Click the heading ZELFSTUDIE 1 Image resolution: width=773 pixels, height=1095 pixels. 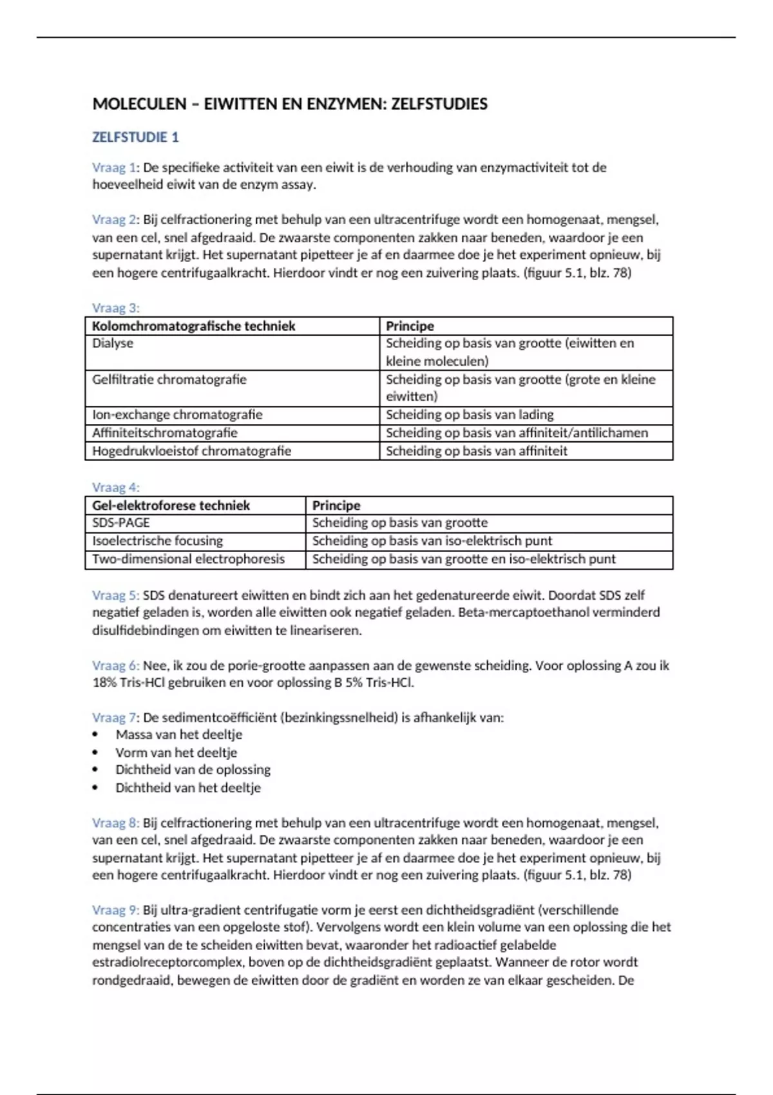tap(135, 137)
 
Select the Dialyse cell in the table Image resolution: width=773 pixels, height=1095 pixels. tap(113, 343)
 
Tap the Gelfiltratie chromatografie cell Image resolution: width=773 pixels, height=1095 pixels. tap(169, 379)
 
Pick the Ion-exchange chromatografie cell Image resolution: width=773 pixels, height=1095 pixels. tap(177, 415)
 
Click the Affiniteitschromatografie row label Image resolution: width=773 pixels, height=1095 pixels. tap(164, 433)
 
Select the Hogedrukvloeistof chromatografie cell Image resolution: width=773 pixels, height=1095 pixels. tap(191, 451)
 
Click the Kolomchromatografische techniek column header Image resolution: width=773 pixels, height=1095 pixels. tap(193, 326)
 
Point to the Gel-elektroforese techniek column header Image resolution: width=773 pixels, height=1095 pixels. tap(171, 506)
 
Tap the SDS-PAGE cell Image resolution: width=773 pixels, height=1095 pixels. tap(121, 522)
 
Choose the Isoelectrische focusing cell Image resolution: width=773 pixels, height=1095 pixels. tap(157, 541)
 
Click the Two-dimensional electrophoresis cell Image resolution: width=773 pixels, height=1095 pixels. tap(188, 559)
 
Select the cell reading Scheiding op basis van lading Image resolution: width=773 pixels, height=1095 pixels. tap(470, 415)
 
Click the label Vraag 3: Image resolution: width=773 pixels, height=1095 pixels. tap(115, 308)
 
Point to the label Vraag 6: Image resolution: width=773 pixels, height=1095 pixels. tap(115, 665)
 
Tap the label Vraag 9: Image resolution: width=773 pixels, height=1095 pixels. tap(115, 910)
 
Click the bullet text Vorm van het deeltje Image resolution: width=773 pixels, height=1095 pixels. tap(176, 752)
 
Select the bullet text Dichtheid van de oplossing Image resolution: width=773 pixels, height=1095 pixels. tap(193, 770)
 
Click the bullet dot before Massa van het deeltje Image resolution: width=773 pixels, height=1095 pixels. tap(95, 735)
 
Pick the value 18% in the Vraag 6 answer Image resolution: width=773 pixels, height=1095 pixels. tap(104, 683)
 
